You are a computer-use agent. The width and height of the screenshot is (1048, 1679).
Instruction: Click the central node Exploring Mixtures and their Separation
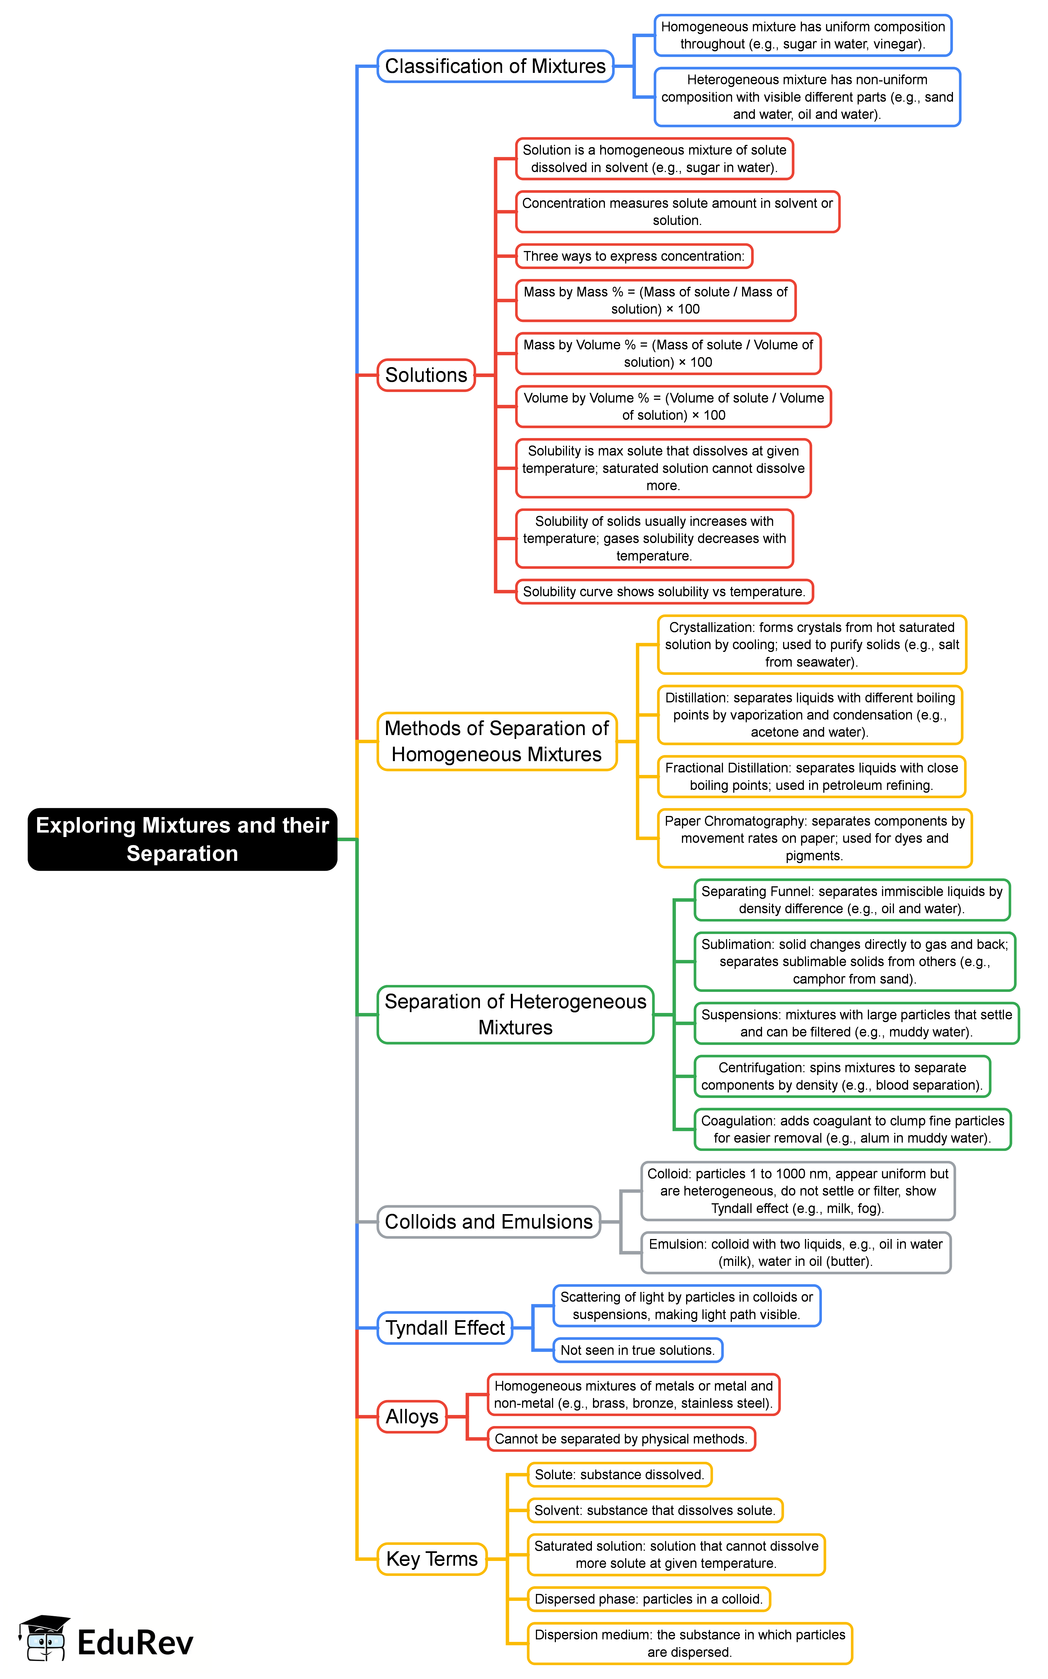(182, 839)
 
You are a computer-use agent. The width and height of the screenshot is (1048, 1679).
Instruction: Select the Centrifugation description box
(842, 1076)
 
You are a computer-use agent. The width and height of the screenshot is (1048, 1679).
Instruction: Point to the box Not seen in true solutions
(637, 1350)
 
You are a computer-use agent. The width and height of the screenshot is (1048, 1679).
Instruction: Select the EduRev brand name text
(135, 1643)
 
